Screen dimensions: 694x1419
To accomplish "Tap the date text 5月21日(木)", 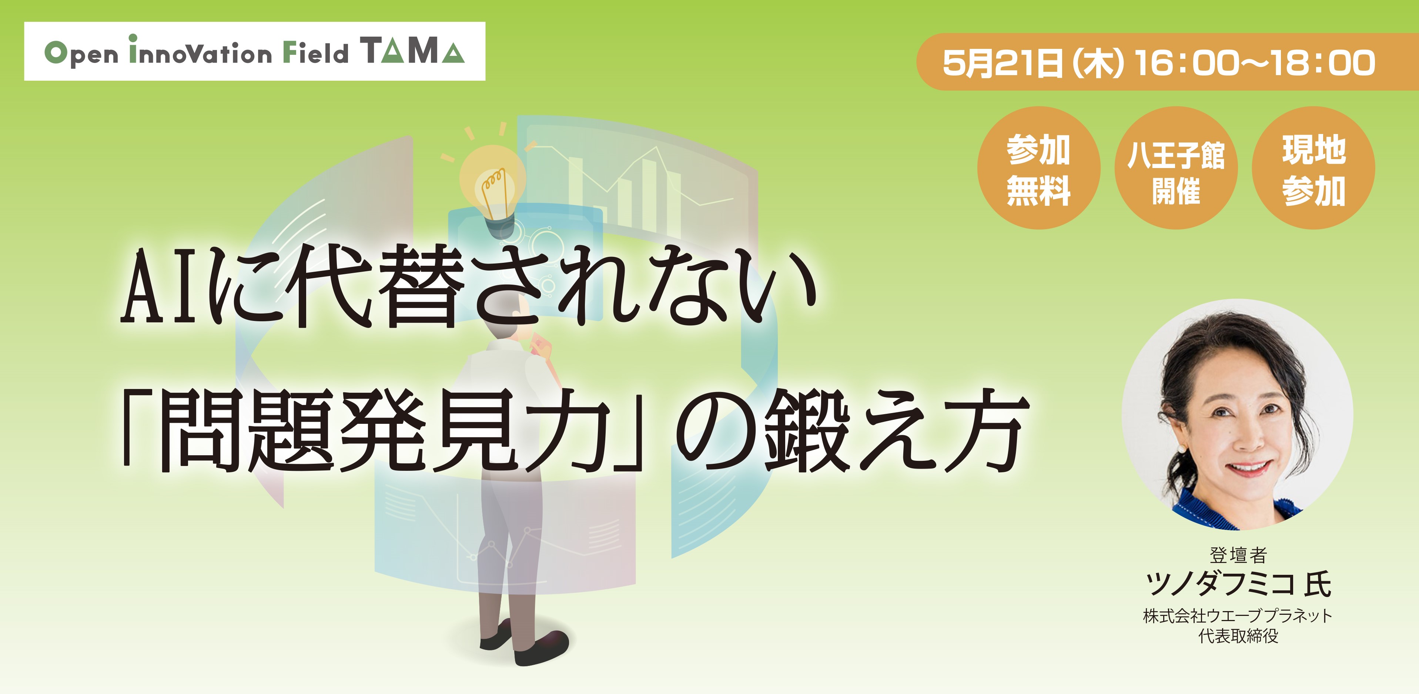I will click(x=1031, y=63).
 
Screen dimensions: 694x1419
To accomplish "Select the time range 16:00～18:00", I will click(x=1255, y=63).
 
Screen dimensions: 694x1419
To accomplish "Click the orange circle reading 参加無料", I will click(x=1038, y=168).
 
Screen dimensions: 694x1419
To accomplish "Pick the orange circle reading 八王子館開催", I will click(x=1176, y=168).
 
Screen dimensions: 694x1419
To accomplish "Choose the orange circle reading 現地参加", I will click(x=1314, y=168).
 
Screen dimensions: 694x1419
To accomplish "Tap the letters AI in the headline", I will click(x=160, y=286).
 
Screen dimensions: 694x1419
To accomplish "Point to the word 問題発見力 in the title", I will click(x=386, y=430).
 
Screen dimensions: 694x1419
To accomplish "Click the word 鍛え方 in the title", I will click(x=893, y=430).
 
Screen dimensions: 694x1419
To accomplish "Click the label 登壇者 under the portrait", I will click(x=1238, y=555).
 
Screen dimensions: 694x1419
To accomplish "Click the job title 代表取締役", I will click(x=1238, y=636).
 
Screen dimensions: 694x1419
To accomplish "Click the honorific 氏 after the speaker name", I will click(x=1318, y=584).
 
